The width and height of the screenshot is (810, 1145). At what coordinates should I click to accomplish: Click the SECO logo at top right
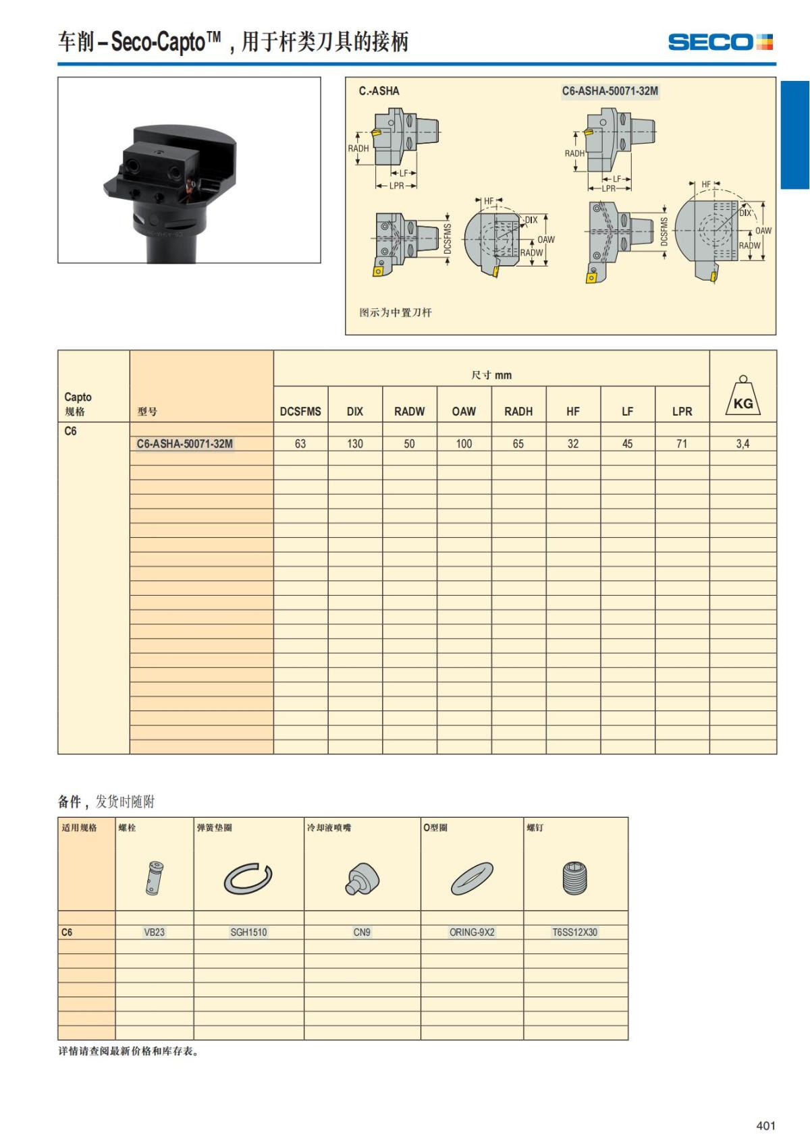[720, 42]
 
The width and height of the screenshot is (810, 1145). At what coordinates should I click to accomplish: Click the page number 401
[765, 1125]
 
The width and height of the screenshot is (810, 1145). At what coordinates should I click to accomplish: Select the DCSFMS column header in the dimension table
[300, 411]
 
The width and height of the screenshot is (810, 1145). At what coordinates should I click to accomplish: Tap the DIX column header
[355, 411]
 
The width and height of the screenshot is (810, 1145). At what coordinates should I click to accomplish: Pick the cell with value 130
[355, 443]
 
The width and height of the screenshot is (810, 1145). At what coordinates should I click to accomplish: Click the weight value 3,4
[742, 443]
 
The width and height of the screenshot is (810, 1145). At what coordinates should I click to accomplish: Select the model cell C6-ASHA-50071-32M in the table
[184, 443]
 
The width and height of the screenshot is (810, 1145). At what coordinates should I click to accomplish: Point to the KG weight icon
[742, 398]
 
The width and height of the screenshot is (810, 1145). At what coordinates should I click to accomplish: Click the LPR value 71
[682, 443]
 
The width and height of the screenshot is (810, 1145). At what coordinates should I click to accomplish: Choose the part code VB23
[154, 932]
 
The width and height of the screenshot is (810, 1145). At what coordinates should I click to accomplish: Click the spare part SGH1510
[248, 932]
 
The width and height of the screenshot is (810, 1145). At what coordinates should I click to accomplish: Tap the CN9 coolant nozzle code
[362, 932]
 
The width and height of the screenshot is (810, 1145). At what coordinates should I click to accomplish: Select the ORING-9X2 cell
[472, 932]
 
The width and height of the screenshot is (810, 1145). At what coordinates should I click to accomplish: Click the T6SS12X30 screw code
[575, 932]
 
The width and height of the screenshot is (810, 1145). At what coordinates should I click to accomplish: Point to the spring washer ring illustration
[248, 878]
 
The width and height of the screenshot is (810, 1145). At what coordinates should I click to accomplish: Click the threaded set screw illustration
[575, 878]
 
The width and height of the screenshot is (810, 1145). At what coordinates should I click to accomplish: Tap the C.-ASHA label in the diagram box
[379, 90]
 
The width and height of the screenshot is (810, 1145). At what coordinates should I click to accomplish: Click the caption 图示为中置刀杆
[396, 312]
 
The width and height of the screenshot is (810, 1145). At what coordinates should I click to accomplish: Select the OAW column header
[464, 411]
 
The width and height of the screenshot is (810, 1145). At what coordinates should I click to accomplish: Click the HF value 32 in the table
[573, 443]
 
